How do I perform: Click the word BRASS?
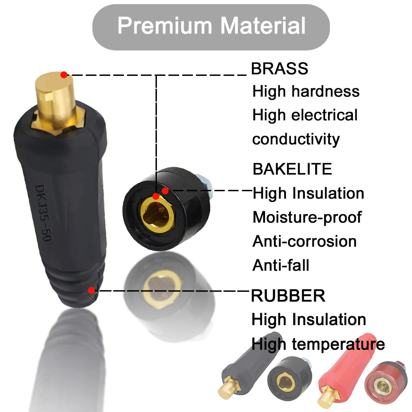point(279,69)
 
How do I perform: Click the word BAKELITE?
point(292,169)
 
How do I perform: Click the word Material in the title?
point(263,25)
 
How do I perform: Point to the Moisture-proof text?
point(307,217)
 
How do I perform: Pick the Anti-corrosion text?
point(305,241)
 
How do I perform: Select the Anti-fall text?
point(281,265)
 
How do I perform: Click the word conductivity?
point(296,139)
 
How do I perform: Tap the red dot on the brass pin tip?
point(64,75)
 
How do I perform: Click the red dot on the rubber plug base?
point(91,290)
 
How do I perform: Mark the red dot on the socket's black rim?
point(165,191)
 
